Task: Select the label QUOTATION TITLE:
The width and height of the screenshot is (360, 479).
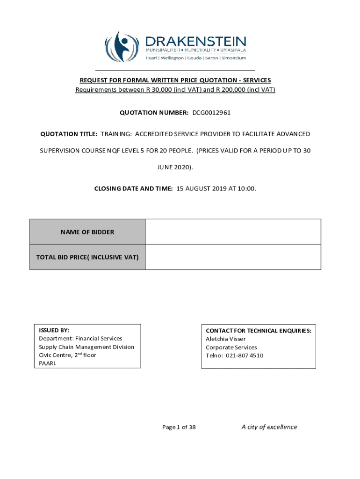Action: [69, 134]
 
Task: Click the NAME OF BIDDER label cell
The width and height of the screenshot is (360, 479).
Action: [87, 232]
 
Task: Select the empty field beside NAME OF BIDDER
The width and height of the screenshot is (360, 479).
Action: [233, 232]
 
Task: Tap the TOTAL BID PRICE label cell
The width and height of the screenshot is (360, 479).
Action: [87, 257]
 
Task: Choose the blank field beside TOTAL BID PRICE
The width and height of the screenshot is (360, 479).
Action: [233, 257]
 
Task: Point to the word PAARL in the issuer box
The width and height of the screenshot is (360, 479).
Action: [47, 363]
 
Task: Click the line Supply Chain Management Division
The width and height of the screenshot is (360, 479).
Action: [86, 347]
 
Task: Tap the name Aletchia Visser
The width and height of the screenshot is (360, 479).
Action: [226, 339]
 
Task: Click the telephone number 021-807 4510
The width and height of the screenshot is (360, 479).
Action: [244, 356]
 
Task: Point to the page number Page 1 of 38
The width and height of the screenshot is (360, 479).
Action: [179, 427]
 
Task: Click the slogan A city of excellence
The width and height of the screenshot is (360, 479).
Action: [269, 427]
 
